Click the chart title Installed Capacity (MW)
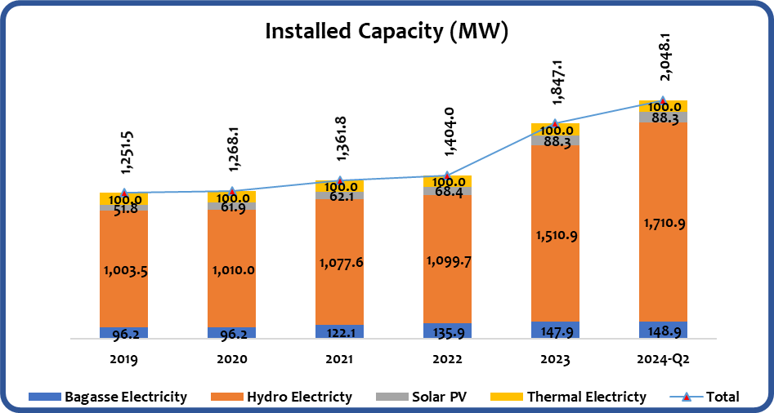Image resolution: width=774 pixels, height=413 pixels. (x=387, y=32)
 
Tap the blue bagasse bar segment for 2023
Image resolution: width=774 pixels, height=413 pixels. (x=555, y=330)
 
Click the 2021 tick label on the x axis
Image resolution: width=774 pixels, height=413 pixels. (x=339, y=358)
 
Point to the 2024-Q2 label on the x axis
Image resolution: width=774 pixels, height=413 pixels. (x=663, y=358)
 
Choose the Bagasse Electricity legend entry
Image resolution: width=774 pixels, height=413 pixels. (x=108, y=397)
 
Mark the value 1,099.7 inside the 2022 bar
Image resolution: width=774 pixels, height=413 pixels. (x=447, y=260)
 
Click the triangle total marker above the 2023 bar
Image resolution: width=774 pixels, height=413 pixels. (x=555, y=124)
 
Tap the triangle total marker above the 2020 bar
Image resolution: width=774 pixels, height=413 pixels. (x=232, y=191)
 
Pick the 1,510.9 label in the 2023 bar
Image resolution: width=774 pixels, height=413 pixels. (x=555, y=236)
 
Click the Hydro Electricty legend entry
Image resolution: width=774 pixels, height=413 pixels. (x=282, y=397)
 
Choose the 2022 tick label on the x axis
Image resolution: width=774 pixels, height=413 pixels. (x=447, y=358)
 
